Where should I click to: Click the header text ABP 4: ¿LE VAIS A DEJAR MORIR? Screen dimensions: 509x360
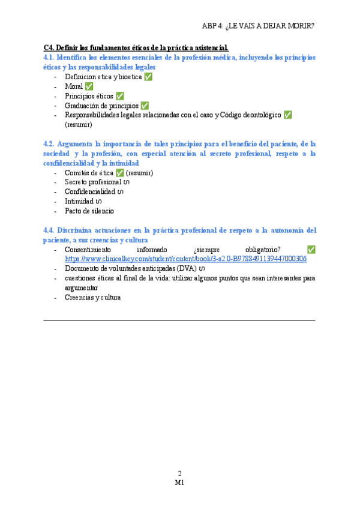[x=258, y=26]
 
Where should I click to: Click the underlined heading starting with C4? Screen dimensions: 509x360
[x=136, y=47]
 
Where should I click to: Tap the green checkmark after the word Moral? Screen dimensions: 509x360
[x=89, y=86]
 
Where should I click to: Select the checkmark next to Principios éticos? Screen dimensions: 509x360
[x=119, y=96]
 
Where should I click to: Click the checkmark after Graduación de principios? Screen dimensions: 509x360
[x=144, y=106]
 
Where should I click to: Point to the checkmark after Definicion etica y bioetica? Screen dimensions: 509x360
[x=148, y=77]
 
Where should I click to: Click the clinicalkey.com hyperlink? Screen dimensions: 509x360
[x=185, y=259]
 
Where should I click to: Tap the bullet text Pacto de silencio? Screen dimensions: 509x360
[x=89, y=211]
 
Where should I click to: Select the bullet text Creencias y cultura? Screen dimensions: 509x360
[x=92, y=297]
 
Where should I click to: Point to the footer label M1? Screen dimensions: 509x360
[x=179, y=482]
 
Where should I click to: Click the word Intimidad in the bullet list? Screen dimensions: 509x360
[x=79, y=202]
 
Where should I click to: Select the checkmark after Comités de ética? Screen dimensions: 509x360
[x=119, y=173]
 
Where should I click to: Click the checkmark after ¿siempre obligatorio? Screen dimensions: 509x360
[x=311, y=250]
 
